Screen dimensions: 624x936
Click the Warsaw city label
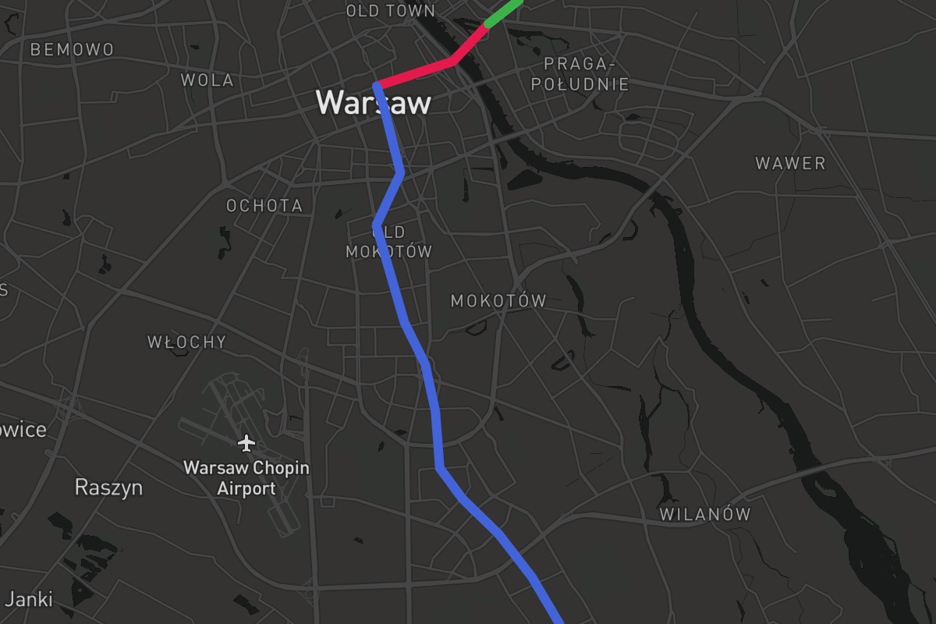pos(373,102)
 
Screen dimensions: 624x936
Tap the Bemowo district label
pos(72,50)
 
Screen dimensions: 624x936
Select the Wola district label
pos(207,80)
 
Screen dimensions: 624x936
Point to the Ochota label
pos(264,206)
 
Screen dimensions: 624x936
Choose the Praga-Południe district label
pos(580,74)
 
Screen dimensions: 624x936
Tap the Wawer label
pos(790,164)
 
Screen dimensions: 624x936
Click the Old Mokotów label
pos(388,242)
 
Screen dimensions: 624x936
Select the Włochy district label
pos(187,342)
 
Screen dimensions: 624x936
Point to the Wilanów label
pos(704,514)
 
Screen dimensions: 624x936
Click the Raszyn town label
pos(108,487)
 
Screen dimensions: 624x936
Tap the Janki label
pos(29,599)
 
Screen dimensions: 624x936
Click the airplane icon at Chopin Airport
pos(246,444)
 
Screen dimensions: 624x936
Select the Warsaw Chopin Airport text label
pos(246,478)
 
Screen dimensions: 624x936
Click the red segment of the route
pos(417,71)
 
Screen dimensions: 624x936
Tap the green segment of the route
pos(503,12)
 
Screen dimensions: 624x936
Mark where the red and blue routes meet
pos(378,84)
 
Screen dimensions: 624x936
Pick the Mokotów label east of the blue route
pos(498,301)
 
